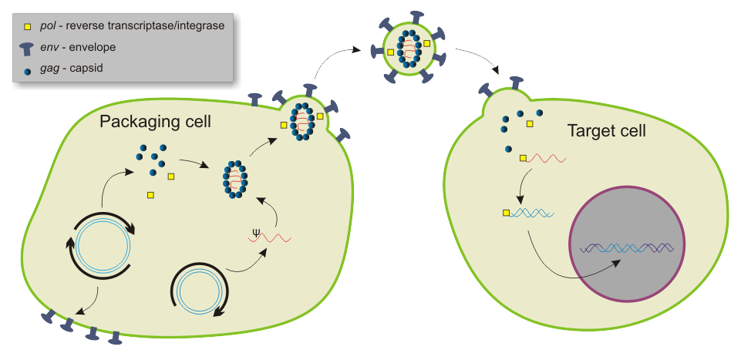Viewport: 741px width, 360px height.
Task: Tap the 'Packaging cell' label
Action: pos(155,123)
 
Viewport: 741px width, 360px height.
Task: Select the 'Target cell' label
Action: pos(606,131)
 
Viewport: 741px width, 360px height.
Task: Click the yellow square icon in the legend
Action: pos(28,26)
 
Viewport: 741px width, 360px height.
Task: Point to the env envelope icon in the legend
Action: pos(28,47)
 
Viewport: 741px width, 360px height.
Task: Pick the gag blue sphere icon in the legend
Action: pos(28,68)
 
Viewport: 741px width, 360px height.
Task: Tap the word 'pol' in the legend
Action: pos(49,26)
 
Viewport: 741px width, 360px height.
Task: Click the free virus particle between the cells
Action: pos(407,48)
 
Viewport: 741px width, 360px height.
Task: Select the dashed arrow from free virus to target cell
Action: pos(477,59)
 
